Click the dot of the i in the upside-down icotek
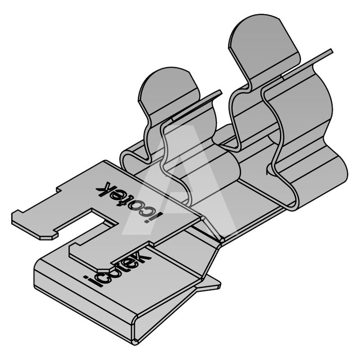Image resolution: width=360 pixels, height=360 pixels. [160, 215]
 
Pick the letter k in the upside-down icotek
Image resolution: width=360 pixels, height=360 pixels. [104, 188]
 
